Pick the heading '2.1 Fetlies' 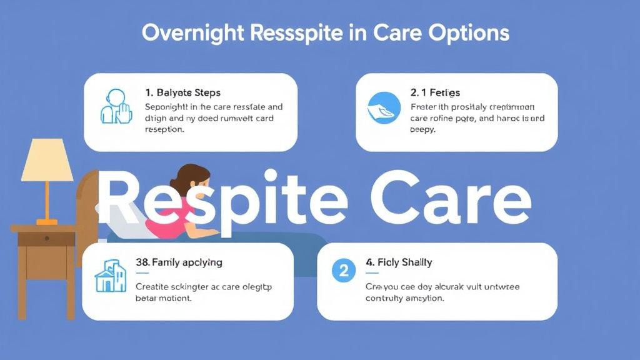[435, 92]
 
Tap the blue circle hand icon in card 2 [382, 107]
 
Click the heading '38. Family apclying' [179, 262]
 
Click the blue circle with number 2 [343, 271]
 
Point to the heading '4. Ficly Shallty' [399, 262]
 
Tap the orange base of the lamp [46, 221]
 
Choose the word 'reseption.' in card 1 [164, 130]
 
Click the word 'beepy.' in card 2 [423, 130]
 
